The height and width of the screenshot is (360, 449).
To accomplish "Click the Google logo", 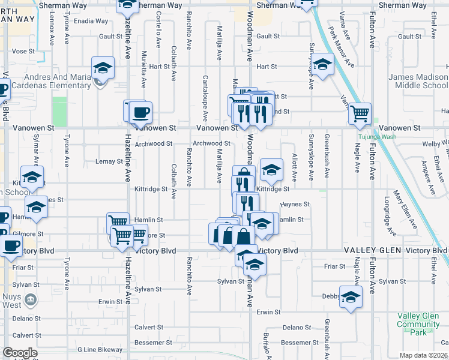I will (20, 353).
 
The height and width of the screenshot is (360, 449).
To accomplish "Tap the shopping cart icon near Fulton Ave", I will (360, 113).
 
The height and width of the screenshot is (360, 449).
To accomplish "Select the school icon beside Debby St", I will (351, 297).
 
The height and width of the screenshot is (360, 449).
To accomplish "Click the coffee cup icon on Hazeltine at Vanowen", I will (141, 112).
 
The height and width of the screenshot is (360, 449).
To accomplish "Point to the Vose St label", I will (23, 52).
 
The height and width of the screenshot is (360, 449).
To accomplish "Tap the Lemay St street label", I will (109, 161).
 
